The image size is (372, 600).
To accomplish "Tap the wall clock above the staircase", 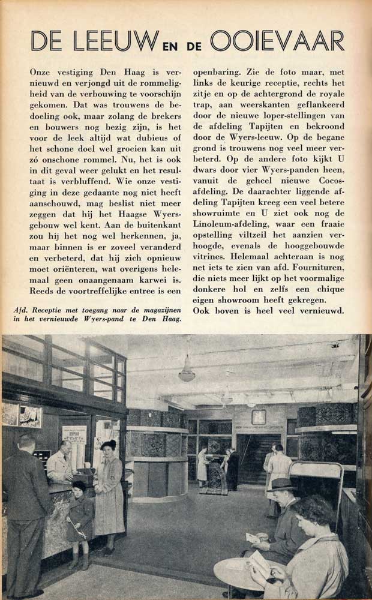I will click(x=259, y=416).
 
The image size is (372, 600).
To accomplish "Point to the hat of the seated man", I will click(x=283, y=484).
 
